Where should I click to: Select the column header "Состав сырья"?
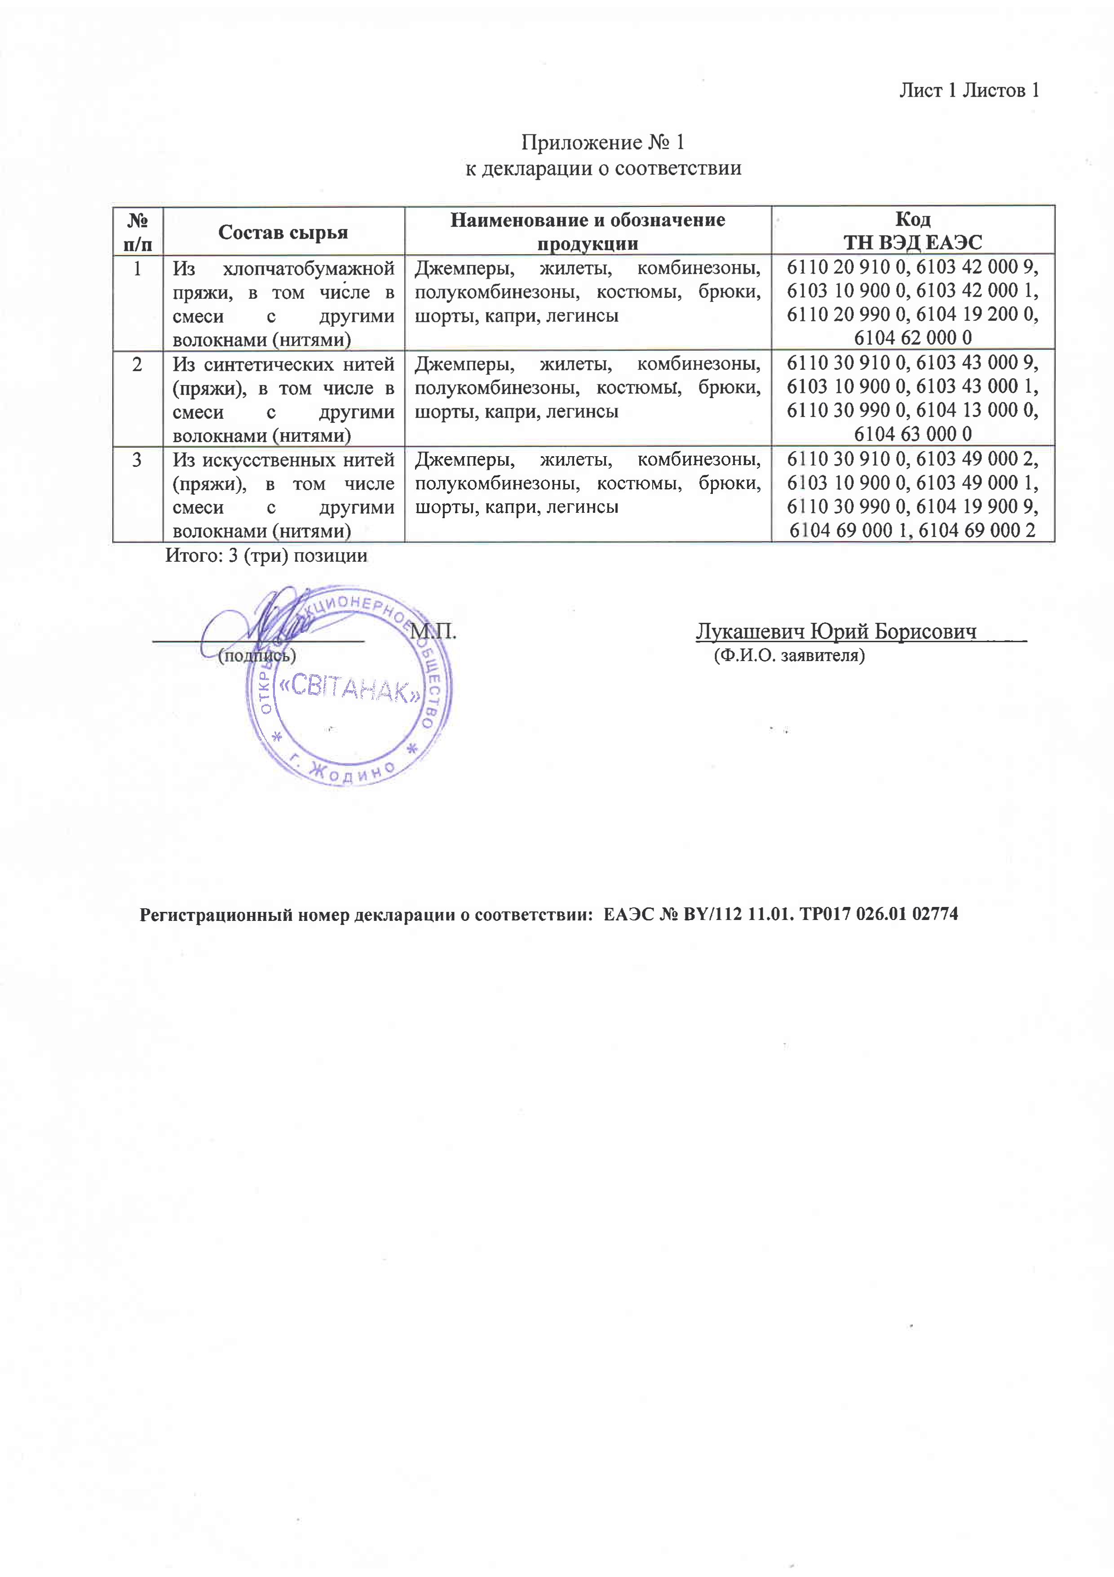click(283, 232)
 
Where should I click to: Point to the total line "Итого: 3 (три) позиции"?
click(266, 555)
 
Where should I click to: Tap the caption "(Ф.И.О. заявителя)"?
click(789, 655)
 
